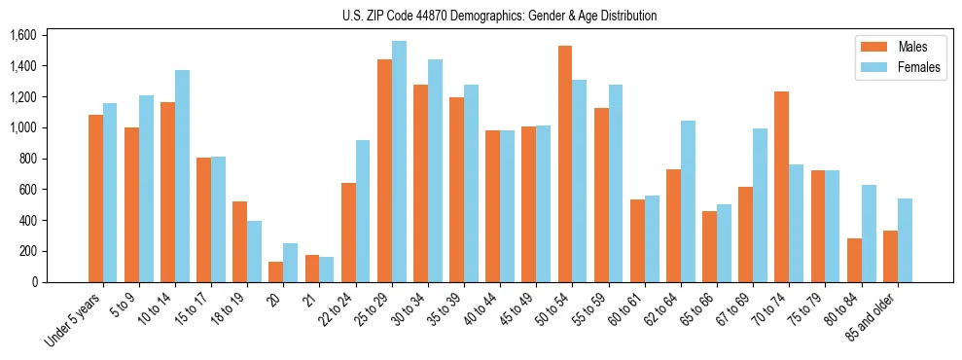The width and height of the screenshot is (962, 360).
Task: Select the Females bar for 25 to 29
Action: [x=399, y=162]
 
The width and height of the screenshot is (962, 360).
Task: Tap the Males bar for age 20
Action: [x=276, y=271]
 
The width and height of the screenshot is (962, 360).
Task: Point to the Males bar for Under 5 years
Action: [x=95, y=198]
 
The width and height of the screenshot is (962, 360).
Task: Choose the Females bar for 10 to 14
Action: [x=182, y=176]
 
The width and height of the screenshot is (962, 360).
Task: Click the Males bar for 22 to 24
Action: [x=348, y=233]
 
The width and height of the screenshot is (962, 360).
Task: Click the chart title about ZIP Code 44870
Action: [x=499, y=16]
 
